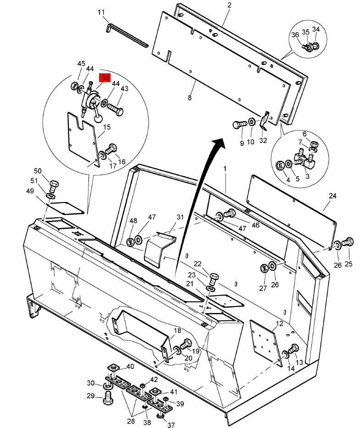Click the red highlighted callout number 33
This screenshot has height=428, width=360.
click(105, 77)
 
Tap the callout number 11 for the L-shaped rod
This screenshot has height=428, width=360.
click(101, 12)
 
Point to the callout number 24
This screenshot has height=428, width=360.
click(332, 196)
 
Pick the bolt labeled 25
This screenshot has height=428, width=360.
click(348, 242)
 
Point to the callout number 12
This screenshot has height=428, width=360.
click(279, 324)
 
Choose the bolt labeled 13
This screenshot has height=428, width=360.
click(294, 349)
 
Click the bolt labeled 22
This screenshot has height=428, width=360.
click(214, 279)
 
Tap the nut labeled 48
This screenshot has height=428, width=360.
click(130, 242)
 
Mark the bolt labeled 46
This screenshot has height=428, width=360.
click(230, 213)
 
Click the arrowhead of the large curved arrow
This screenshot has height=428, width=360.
click(218, 143)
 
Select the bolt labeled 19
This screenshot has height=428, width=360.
click(187, 344)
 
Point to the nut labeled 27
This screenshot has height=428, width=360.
click(264, 269)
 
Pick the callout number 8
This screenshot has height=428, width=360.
click(189, 98)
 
